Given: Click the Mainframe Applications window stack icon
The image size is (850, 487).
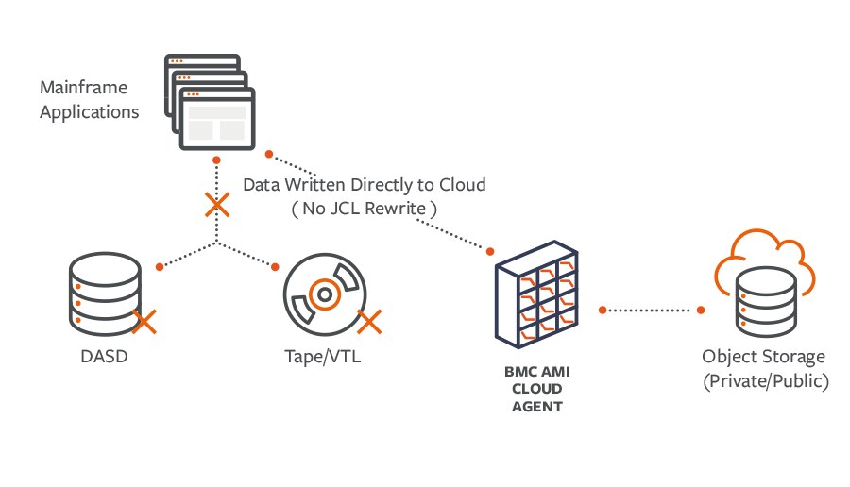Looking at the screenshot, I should click(x=213, y=104).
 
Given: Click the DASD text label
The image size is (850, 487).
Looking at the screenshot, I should click(x=105, y=358).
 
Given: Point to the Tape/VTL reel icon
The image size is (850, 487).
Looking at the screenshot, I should click(x=323, y=294).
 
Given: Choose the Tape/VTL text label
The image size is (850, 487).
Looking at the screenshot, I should click(x=323, y=358).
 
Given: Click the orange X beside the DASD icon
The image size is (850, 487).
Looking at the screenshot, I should click(x=144, y=322).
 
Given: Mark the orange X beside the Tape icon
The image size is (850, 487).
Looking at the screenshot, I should click(x=368, y=322).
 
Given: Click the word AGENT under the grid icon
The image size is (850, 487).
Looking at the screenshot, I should click(x=536, y=408).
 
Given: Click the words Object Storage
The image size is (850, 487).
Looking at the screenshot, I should click(x=764, y=357).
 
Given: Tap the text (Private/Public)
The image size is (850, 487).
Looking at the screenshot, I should click(x=764, y=380).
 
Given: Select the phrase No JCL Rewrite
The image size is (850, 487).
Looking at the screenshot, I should click(x=364, y=209).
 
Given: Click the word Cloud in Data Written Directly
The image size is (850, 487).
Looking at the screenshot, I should click(x=462, y=185).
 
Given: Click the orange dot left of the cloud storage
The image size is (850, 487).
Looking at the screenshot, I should click(x=702, y=310).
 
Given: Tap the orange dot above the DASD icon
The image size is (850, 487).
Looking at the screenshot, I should click(x=160, y=267).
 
